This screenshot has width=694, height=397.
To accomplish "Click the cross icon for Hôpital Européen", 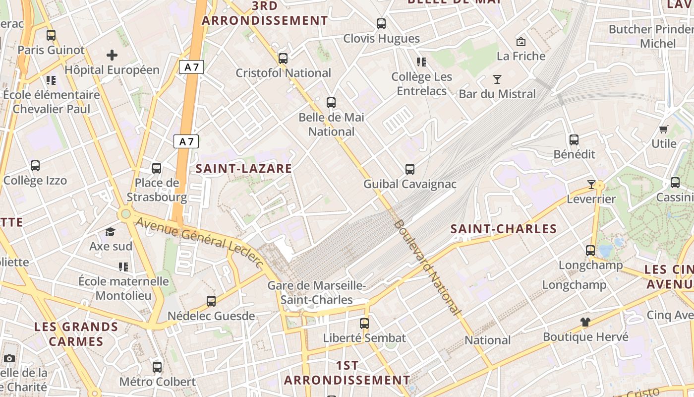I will pos(112,55).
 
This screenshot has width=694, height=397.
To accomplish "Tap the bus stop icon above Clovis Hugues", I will pos(381,23).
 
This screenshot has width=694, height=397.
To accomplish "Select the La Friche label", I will pos(521,56).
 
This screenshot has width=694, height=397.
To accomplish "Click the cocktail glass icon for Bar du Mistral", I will pos(497,79).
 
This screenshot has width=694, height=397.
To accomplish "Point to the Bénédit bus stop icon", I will pos(574,140).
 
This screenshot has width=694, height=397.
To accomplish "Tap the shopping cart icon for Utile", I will pos(663,129).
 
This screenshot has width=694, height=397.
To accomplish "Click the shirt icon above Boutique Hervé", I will pos(585,322).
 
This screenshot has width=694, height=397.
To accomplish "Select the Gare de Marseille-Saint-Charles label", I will pos(317,293).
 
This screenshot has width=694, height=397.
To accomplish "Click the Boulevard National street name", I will pos(427,267).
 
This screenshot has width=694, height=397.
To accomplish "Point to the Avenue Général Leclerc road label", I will pos(198,242).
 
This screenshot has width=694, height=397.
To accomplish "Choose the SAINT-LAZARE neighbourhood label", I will pos(244,168).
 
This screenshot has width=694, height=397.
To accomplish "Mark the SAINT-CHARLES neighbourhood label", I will pos(504,229).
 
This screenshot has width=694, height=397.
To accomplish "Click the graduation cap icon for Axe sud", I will pos(110,232).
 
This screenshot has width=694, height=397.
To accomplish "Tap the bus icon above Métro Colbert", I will pos(157,367).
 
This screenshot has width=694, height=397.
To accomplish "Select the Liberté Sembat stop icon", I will pos(364,324).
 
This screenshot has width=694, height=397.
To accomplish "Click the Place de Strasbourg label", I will pos(157,190).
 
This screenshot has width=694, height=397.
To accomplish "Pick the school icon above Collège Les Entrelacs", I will pos(421,62).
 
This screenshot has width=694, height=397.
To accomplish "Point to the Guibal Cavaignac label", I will pos(410,184).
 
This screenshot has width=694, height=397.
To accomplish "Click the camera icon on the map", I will pos(9,358).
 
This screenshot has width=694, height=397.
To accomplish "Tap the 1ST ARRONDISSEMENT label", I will pos(347,373).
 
